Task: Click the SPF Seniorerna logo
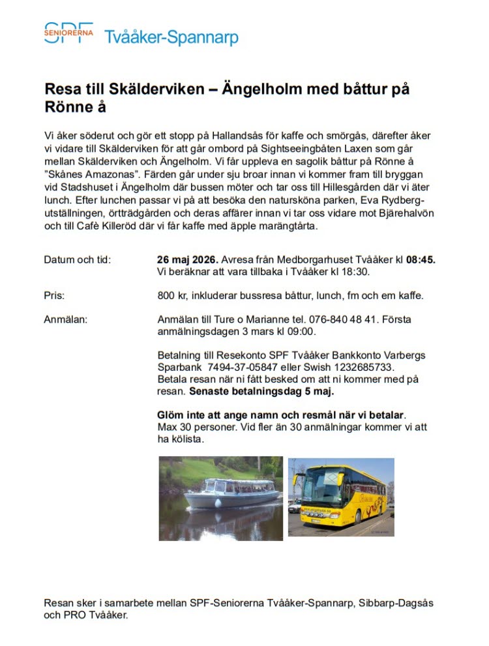point(68,33)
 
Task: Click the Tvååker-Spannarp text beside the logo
point(171,37)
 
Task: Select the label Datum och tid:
point(78,259)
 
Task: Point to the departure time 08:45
point(421,259)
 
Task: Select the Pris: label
point(54,295)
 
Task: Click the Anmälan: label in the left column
point(65,319)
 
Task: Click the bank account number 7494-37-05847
point(240,367)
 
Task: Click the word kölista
point(188,439)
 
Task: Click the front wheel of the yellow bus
point(357,518)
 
